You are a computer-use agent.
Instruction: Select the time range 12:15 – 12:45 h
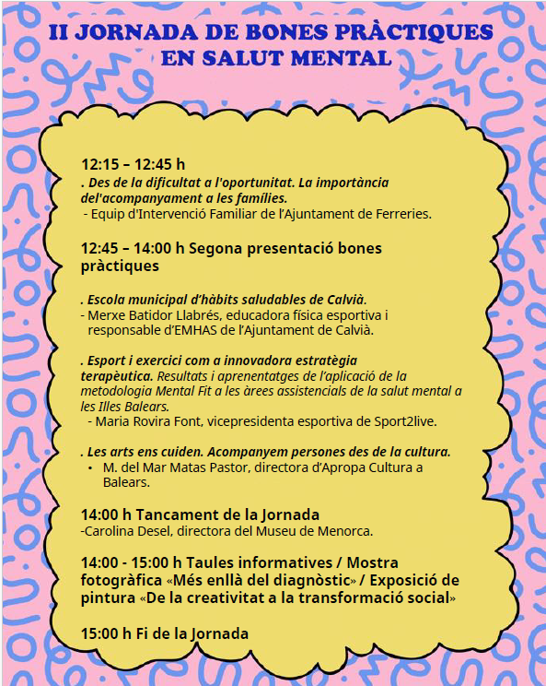(133, 164)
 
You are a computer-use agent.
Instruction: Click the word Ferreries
(401, 214)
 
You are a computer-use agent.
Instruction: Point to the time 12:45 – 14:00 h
(134, 249)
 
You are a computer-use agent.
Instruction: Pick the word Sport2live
(401, 421)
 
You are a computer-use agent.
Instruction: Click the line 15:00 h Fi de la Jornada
(164, 634)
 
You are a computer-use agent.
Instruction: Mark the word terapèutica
(116, 377)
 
